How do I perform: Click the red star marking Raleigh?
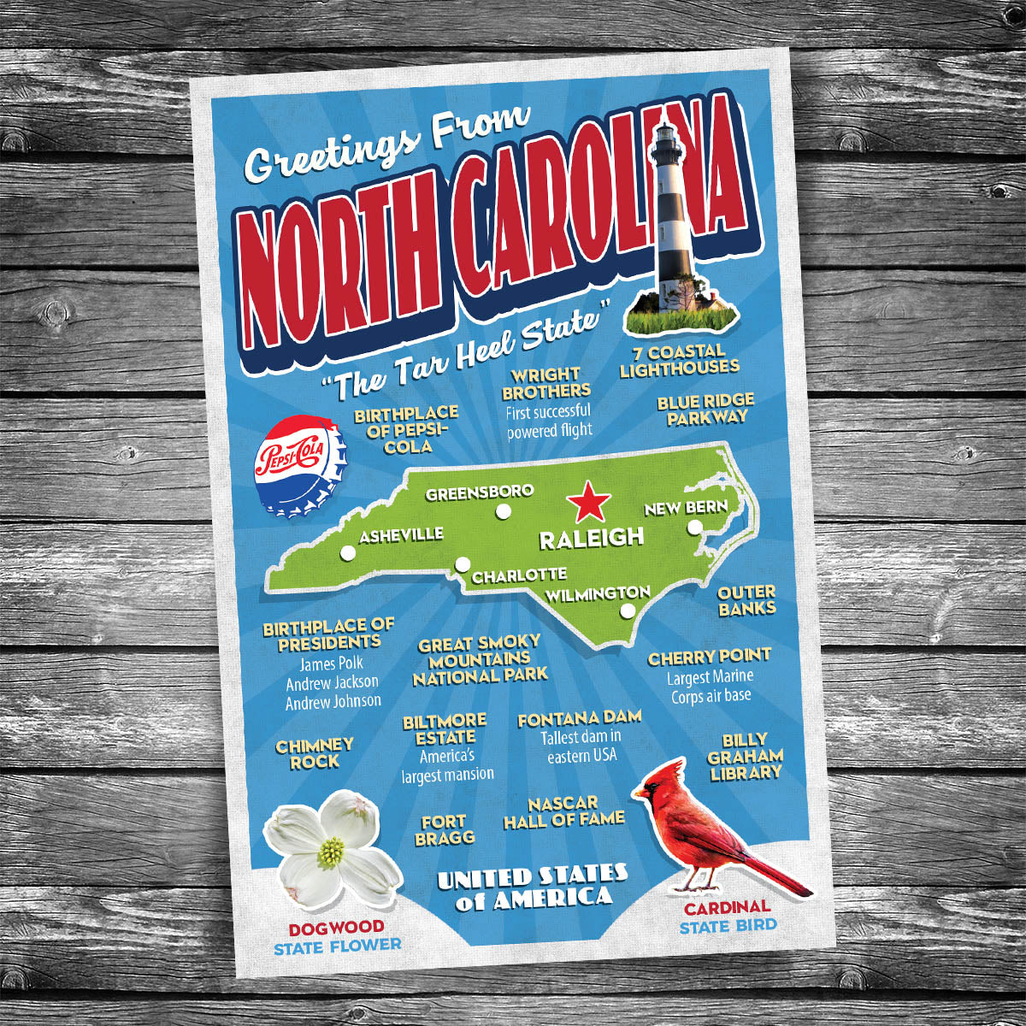588,502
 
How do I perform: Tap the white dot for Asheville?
348,553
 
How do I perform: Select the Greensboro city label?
480,493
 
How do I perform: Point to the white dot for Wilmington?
628,611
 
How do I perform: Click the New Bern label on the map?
686,508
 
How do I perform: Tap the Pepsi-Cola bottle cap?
299,465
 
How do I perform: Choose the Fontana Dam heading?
579,719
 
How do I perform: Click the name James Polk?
331,663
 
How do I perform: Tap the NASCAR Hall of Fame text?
563,811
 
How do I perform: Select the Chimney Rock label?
314,753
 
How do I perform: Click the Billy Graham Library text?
745,756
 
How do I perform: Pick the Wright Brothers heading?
545,383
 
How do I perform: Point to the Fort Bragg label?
444,830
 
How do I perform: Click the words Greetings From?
386,146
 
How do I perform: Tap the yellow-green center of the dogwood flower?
331,851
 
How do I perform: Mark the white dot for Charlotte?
463,564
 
